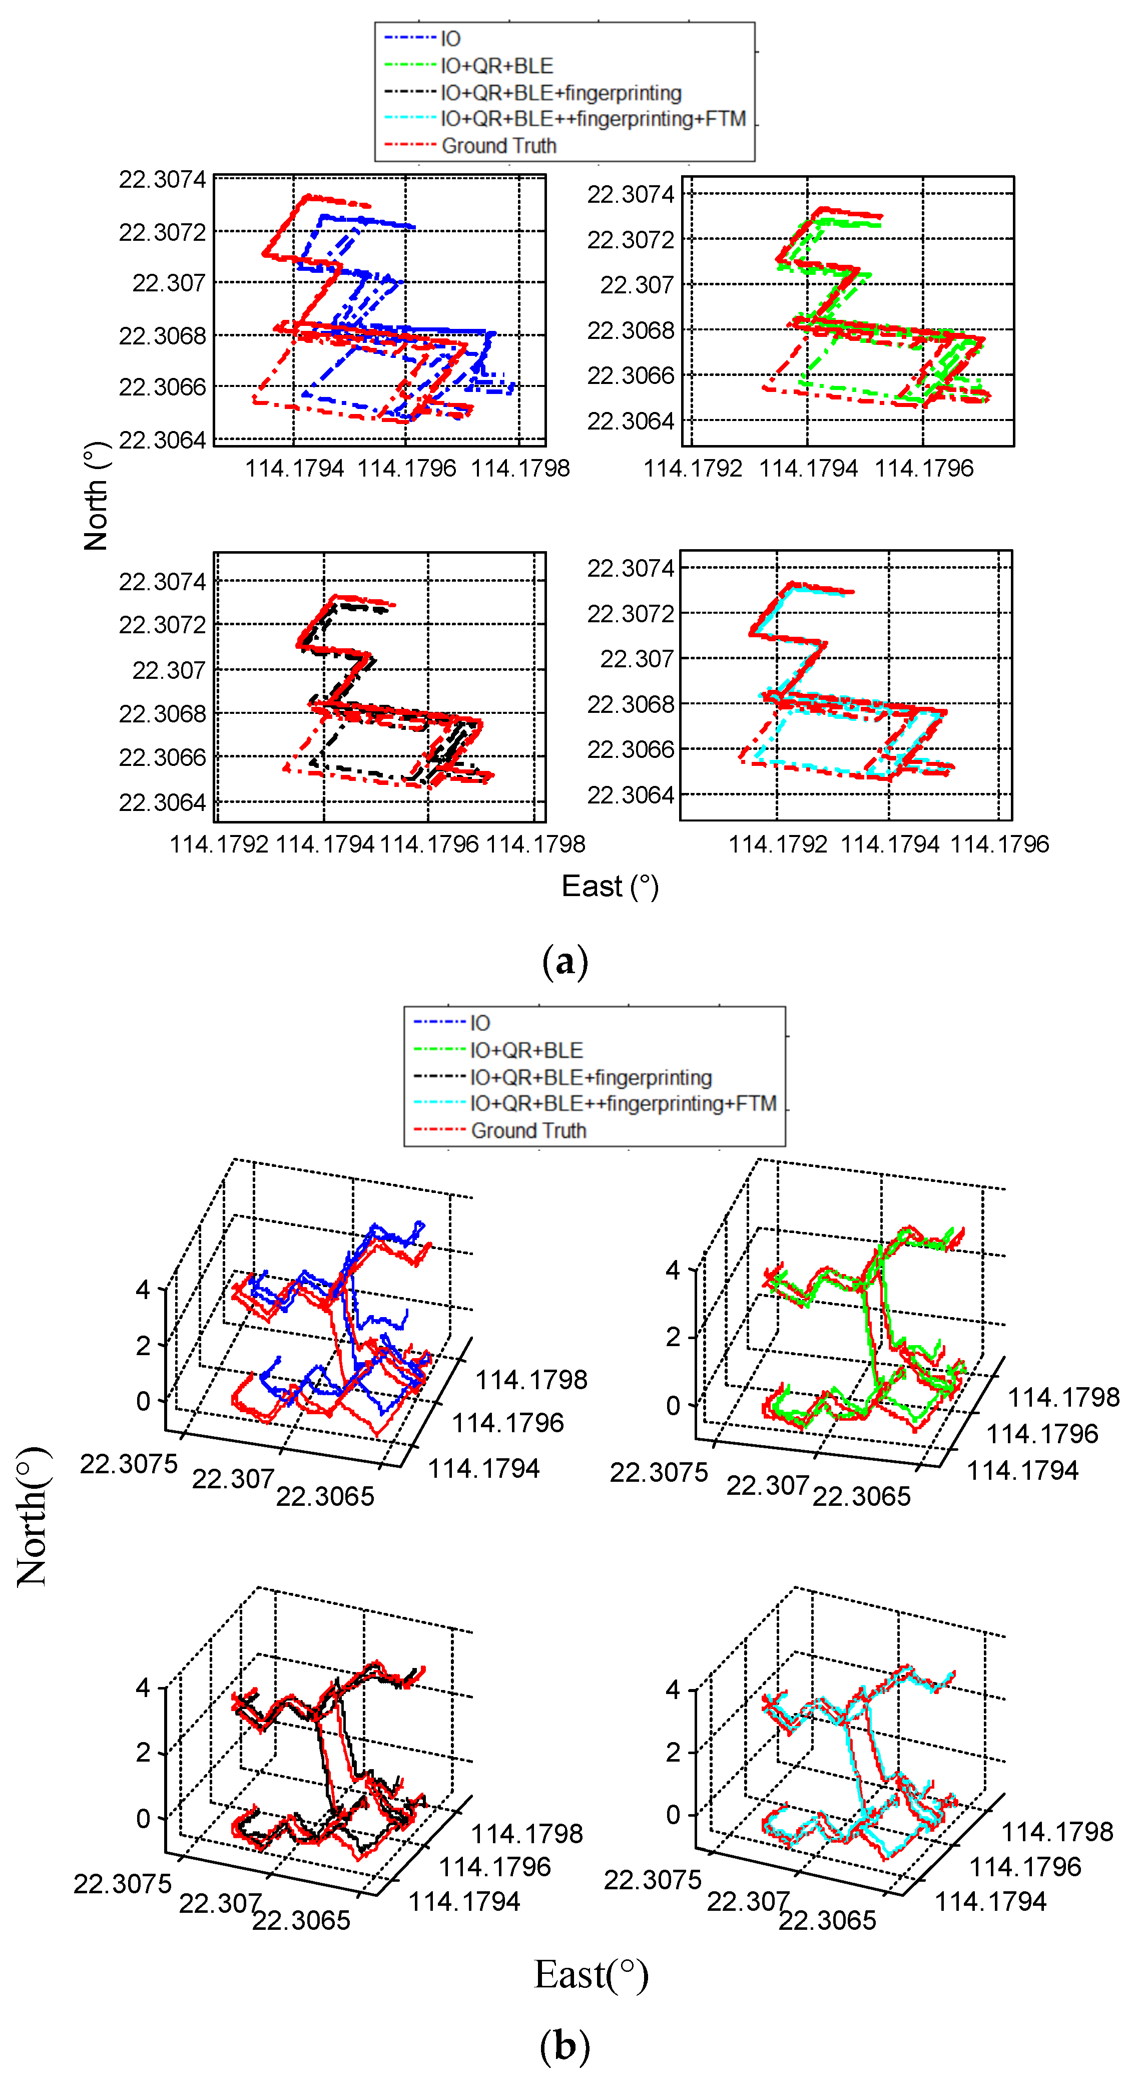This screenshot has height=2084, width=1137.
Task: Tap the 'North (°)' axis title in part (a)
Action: (96, 496)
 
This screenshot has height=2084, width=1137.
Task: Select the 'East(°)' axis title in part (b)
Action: (591, 1974)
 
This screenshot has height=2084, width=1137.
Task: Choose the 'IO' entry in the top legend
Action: (450, 39)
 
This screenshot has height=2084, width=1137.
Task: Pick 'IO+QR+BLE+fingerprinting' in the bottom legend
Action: (591, 1078)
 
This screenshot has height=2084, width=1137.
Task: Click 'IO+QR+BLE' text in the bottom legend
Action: (526, 1050)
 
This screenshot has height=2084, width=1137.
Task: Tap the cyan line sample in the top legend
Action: (410, 118)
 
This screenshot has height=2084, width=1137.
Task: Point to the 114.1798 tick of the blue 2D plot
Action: (520, 469)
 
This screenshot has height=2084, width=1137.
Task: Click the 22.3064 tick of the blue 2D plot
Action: (163, 440)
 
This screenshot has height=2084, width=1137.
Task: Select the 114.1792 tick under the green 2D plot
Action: (692, 469)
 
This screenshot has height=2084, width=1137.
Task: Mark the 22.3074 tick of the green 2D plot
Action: (630, 194)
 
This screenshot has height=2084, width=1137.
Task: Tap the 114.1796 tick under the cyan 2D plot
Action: (999, 844)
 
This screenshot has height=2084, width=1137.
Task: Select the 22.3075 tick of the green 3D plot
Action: (658, 1472)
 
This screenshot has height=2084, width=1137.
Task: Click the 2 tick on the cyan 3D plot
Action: (673, 1752)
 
